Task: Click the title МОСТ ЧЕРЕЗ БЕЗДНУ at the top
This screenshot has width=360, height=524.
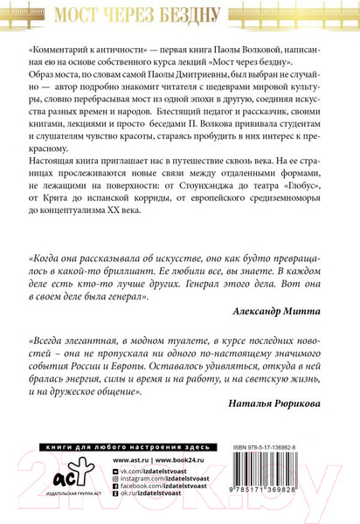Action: (x=180, y=15)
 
